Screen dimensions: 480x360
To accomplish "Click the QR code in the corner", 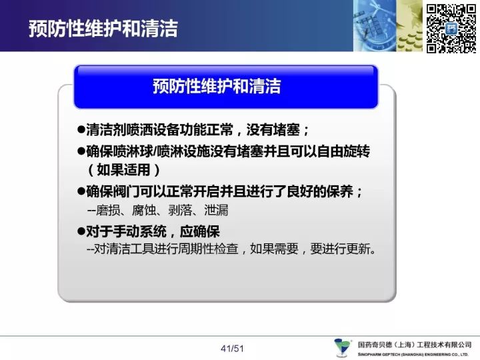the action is [451, 28].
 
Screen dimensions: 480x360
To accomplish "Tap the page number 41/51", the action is [232, 349].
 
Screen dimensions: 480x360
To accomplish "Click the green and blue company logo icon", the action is [343, 347].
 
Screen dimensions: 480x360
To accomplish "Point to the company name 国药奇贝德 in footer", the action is [375, 345].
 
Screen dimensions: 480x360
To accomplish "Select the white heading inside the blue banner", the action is [217, 86].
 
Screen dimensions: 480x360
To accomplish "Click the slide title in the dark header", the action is [103, 29].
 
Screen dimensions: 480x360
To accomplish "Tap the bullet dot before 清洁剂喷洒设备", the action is [81, 129].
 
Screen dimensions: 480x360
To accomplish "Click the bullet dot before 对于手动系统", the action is [81, 231].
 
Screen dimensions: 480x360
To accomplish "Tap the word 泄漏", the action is [216, 210].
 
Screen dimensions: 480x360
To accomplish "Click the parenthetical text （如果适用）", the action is [123, 170].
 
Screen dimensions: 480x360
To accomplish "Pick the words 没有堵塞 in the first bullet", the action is [273, 130].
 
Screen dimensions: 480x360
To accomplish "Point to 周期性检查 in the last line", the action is [208, 249].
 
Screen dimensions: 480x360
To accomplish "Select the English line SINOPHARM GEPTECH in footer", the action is [413, 355].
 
